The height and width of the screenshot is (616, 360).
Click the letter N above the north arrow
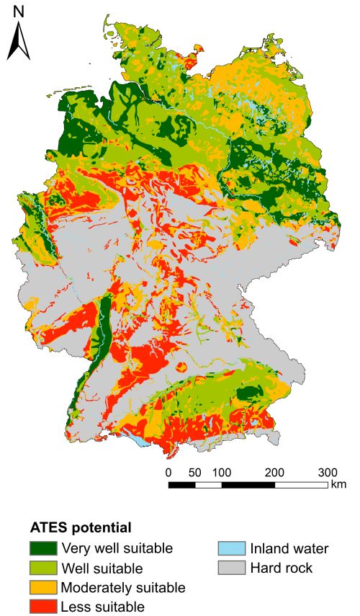coord(19,12)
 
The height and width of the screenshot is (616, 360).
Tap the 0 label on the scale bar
coord(168,473)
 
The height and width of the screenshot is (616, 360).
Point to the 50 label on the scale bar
coord(194,473)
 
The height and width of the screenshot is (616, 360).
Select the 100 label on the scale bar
coord(222,473)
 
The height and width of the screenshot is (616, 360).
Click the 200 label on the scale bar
coord(275,473)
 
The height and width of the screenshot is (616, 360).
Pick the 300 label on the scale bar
coord(328,473)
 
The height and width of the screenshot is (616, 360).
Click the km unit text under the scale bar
coord(338,485)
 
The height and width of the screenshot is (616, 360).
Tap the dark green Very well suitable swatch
coord(42,548)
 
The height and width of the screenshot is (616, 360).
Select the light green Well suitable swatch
coord(42,568)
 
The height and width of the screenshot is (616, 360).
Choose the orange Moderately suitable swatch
coord(42,586)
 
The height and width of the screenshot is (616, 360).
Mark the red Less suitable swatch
coord(42,606)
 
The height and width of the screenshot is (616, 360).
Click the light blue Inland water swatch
coord(230,548)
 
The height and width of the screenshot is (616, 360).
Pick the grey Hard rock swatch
coord(230,568)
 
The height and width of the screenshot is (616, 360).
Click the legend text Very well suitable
coord(117,548)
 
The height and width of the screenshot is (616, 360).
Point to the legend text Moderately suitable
coord(123,586)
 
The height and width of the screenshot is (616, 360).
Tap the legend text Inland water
coord(289,548)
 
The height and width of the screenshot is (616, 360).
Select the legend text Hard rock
coord(282,568)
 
